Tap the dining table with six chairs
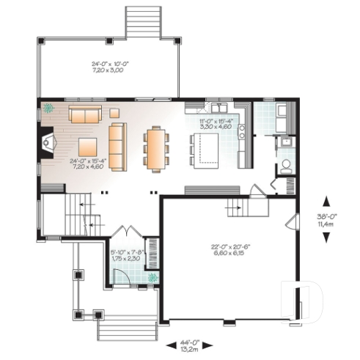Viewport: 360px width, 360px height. coord(155,148)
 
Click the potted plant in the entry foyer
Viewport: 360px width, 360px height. coord(153,278)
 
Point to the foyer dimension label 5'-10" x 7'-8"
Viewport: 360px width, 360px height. coord(127,255)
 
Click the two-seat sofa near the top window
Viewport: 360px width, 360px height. coord(85,114)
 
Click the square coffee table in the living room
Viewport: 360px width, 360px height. coord(88,144)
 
